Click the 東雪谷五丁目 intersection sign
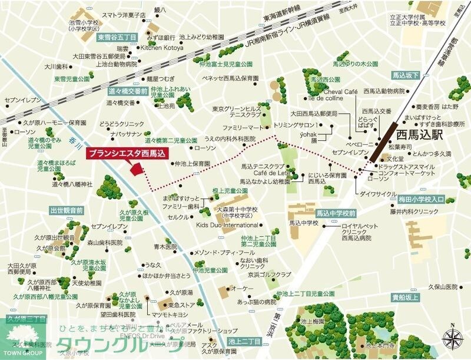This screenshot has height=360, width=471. point(117,37)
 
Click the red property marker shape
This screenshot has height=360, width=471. point(137,169)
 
